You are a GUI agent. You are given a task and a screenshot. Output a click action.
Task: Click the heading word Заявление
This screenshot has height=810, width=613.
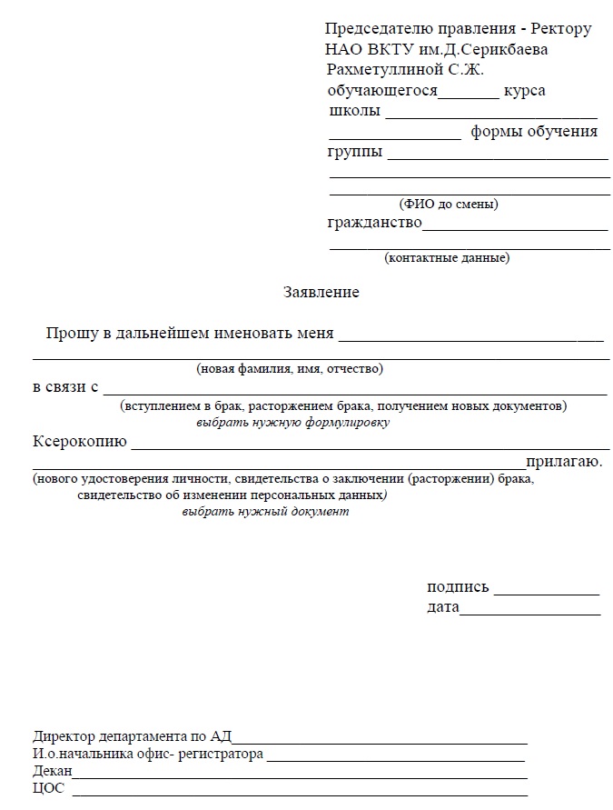(x=321, y=293)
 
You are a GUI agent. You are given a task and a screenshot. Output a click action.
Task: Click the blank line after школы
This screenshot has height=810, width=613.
(x=491, y=116)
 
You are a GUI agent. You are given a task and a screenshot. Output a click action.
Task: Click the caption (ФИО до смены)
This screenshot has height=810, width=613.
(x=449, y=205)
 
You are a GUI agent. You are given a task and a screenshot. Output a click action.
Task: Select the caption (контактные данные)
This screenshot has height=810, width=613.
(x=447, y=258)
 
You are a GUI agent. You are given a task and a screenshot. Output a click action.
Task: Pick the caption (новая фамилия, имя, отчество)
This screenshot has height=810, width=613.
(x=290, y=369)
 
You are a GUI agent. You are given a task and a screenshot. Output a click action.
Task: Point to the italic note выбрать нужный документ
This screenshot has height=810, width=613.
(x=265, y=512)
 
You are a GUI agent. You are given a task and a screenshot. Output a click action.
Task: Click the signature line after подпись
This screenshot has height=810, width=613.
(x=547, y=593)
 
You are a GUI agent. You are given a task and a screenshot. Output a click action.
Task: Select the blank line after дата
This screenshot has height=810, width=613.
(x=529, y=614)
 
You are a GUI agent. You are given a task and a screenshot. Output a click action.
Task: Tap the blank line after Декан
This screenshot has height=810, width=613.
(x=300, y=777)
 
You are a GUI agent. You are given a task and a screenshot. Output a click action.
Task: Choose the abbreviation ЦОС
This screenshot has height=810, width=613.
(x=48, y=788)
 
